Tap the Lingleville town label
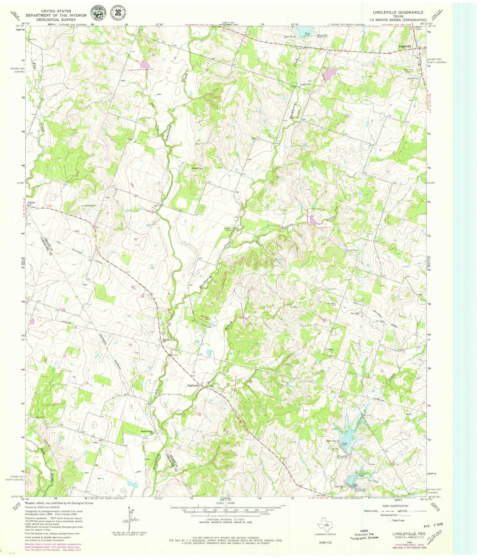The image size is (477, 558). pyautogui.click(x=405, y=46)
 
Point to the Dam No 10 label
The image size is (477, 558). pyautogui.click(x=333, y=441)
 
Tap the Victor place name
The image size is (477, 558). pyautogui.click(x=31, y=202)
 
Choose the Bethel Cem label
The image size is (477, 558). pyautogui.click(x=227, y=229)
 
